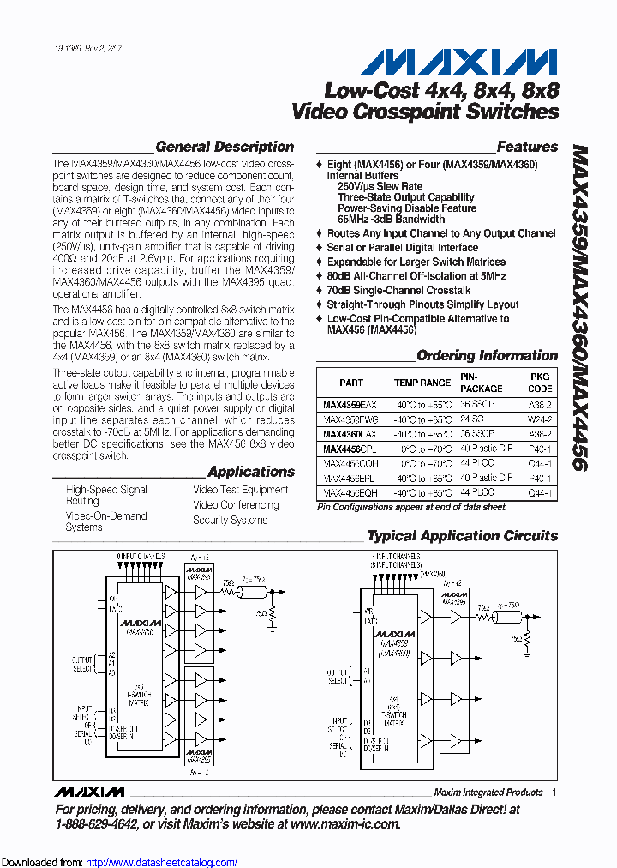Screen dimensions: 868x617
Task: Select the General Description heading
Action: point(225,147)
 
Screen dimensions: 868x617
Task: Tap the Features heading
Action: point(527,147)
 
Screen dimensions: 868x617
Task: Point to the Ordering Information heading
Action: point(487,355)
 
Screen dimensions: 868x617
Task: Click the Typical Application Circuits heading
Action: point(462,536)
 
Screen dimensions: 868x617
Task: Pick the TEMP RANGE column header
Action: point(422,383)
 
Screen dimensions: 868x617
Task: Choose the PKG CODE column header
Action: point(540,383)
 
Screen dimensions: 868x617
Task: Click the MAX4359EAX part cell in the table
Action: point(350,403)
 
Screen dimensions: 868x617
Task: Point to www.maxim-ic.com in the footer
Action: point(345,823)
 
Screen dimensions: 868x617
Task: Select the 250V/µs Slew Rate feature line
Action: point(380,186)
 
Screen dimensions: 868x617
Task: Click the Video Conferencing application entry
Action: point(236,505)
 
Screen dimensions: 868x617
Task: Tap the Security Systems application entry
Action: point(230,520)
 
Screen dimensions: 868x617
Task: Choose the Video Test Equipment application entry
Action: point(241,490)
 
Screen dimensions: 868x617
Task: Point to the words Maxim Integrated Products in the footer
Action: point(488,793)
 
